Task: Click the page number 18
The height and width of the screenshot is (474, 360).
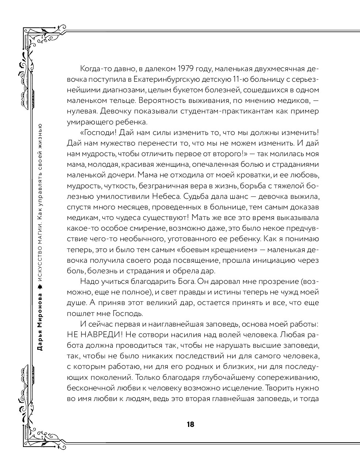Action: (190, 424)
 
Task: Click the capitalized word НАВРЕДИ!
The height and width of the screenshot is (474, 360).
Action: (99, 335)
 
